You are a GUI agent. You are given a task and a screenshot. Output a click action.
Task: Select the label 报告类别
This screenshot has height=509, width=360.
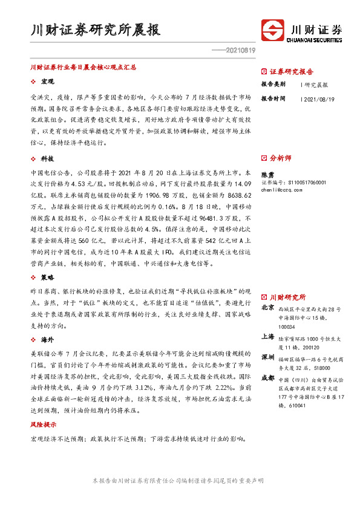(273, 85)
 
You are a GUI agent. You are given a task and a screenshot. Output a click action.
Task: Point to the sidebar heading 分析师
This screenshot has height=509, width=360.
(280, 158)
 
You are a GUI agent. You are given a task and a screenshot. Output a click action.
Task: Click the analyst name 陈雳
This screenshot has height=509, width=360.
(267, 173)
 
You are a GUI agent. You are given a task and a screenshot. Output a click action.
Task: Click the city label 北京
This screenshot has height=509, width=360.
(267, 308)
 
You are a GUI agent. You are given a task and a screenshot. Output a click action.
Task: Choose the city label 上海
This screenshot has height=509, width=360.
(267, 336)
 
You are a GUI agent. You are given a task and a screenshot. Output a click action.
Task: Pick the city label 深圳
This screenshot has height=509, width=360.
(267, 357)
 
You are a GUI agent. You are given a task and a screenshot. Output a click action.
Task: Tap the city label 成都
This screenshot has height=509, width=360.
(267, 378)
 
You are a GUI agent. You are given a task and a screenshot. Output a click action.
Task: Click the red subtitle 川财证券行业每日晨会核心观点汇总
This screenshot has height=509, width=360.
(83, 68)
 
